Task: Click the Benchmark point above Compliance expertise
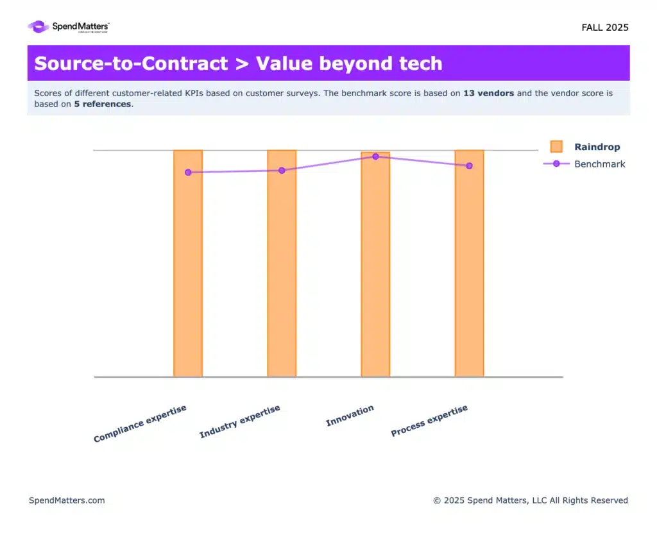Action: click(188, 173)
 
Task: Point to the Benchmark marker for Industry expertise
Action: click(282, 171)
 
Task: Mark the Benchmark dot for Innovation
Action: click(375, 157)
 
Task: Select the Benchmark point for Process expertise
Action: click(469, 166)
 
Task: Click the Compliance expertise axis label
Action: click(140, 424)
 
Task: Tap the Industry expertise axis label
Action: click(240, 422)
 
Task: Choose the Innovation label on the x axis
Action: click(350, 416)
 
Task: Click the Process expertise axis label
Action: click(429, 421)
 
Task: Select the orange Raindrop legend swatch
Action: click(556, 147)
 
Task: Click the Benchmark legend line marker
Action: click(556, 164)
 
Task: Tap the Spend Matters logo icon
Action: click(38, 27)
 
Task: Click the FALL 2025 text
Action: click(604, 28)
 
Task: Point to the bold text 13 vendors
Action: click(488, 94)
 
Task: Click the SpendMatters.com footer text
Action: click(67, 500)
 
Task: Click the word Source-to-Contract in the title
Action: click(131, 63)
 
